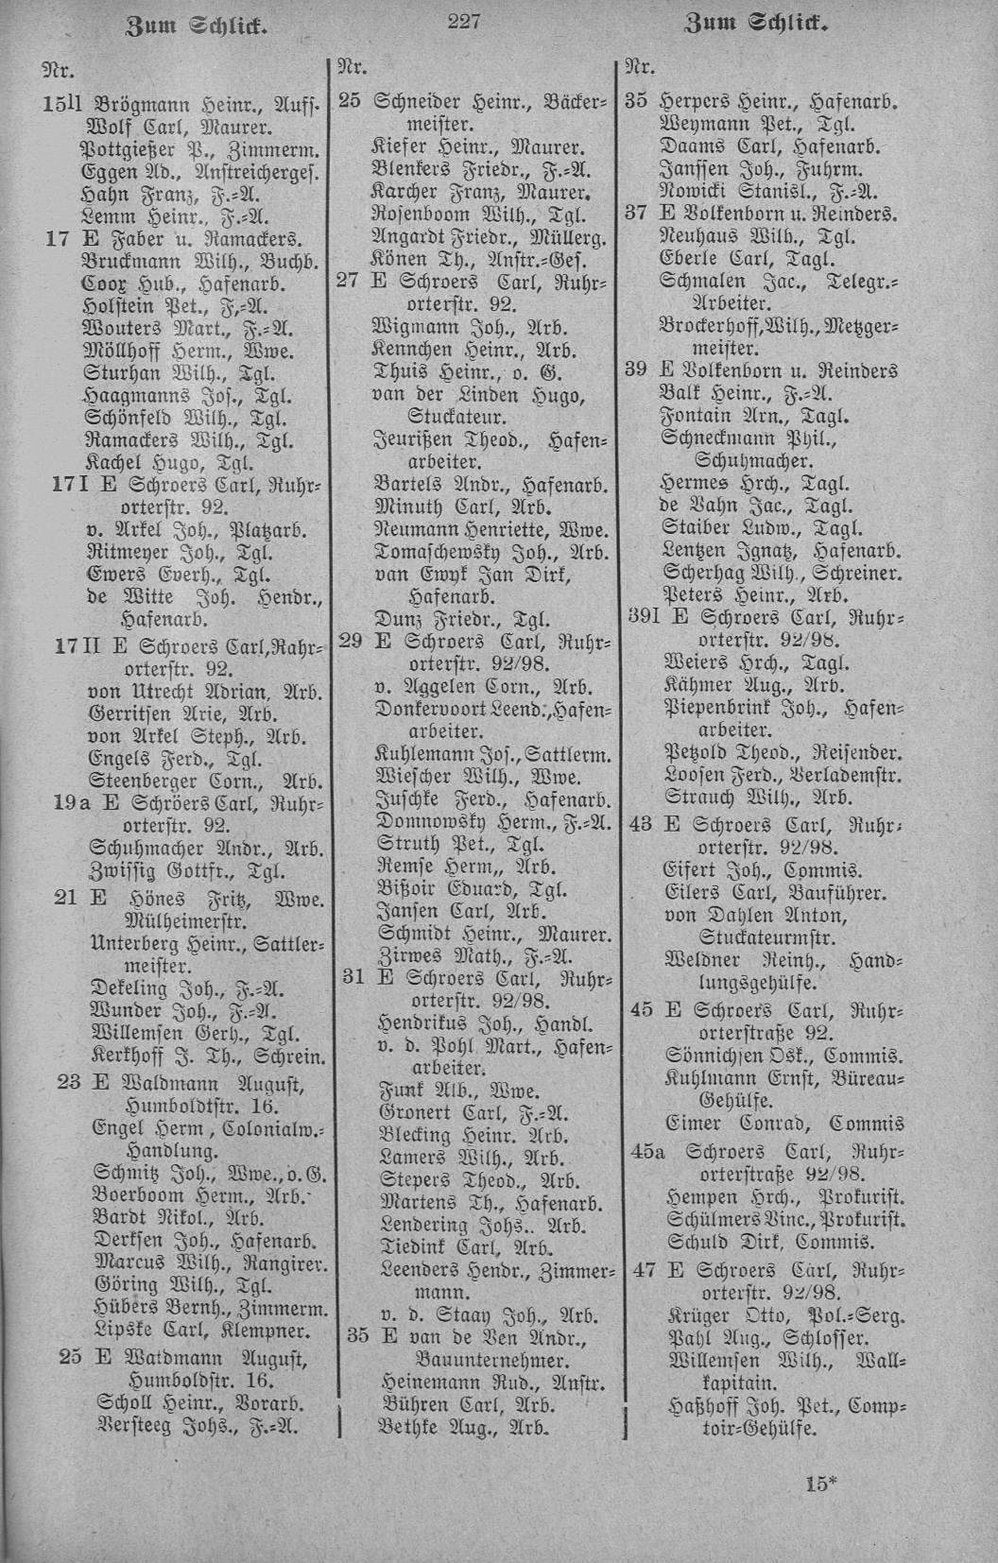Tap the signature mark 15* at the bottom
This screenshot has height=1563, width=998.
point(822,1483)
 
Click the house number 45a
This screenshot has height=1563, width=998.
point(647,1151)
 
